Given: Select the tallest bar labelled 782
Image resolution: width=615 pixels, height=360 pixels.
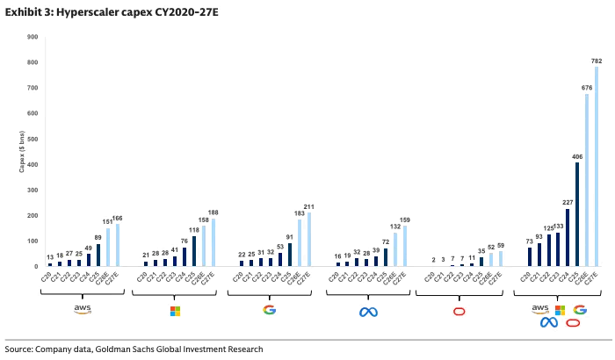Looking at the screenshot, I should click(597, 167).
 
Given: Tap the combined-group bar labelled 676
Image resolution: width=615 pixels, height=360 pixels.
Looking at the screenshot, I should click(587, 180).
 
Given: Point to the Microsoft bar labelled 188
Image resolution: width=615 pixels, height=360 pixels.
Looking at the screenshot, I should click(213, 242).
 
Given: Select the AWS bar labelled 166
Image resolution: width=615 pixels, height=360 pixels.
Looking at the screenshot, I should click(118, 245).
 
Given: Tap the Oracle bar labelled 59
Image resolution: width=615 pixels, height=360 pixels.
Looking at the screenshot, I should click(500, 258).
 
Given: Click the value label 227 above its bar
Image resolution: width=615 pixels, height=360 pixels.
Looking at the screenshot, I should click(567, 201).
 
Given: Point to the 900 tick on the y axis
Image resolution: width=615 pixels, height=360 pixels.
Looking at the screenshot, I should click(31, 37).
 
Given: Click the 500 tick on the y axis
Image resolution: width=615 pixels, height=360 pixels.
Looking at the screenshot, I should click(31, 139).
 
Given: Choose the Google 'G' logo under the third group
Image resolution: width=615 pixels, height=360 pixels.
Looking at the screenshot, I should click(269, 310).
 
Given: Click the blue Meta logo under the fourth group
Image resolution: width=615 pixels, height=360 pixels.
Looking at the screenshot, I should click(365, 311).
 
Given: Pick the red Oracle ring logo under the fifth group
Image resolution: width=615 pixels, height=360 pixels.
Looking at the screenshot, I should click(459, 311).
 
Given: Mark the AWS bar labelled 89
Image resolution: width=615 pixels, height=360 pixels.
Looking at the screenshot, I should click(98, 255).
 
